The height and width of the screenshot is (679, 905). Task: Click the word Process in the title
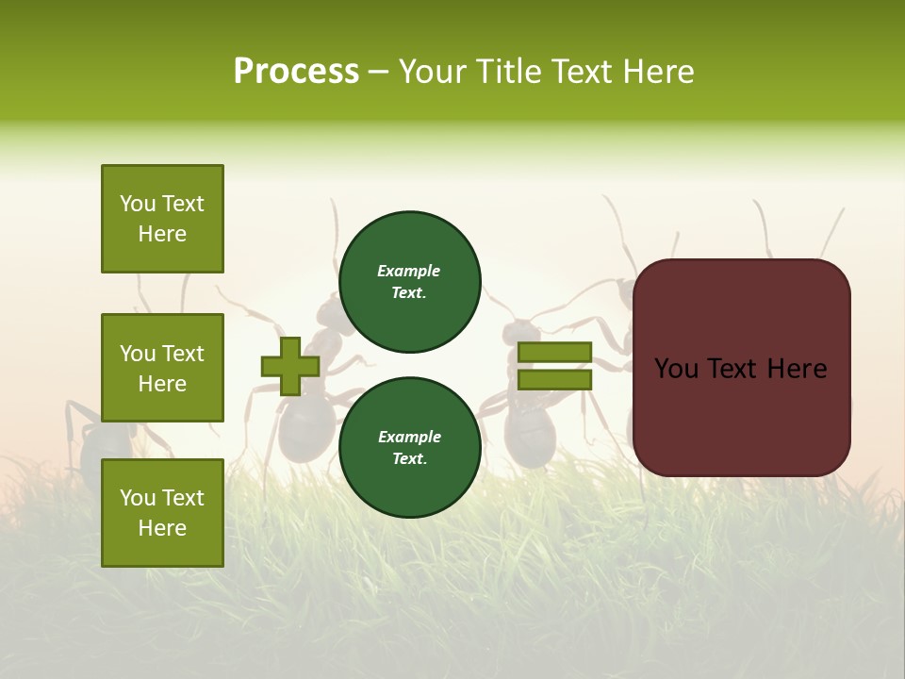point(296,71)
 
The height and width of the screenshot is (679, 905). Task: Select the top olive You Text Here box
point(162,219)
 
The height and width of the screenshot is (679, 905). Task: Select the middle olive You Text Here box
point(162,368)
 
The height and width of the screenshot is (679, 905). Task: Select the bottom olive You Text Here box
point(162,512)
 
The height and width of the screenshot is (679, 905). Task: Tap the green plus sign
point(290,367)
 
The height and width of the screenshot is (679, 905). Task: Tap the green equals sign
point(554,367)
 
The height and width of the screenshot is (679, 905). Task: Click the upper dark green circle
point(409,282)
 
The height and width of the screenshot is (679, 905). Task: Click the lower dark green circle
point(409,447)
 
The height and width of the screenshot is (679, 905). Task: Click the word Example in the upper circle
point(408,272)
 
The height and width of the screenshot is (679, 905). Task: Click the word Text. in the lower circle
point(409,459)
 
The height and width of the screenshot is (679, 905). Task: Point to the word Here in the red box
point(797,369)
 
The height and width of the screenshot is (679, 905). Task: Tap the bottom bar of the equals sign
point(554,379)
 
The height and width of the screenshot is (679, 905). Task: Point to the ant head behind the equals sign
point(519,332)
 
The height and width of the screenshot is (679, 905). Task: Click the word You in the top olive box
point(138,204)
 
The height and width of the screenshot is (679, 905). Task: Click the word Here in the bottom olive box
point(162,528)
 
